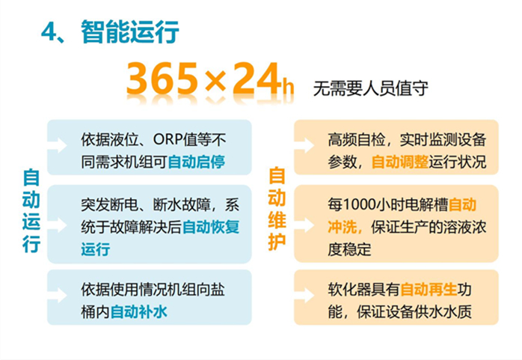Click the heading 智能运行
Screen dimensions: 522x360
pyautogui.click(x=130, y=32)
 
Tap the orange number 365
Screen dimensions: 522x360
pyautogui.click(x=162, y=79)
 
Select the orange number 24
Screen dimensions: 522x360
pyautogui.click(x=257, y=79)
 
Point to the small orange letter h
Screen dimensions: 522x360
pyautogui.click(x=288, y=86)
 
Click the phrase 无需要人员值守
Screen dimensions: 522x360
pyautogui.click(x=370, y=88)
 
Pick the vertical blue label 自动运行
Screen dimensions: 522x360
pyautogui.click(x=31, y=211)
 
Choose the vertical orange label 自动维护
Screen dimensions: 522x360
pyautogui.click(x=277, y=209)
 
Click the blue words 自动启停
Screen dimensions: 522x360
pyautogui.click(x=197, y=162)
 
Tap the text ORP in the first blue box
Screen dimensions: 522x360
pyautogui.click(x=168, y=139)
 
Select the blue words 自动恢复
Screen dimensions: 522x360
pyautogui.click(x=211, y=227)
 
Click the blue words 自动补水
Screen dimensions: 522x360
pyautogui.click(x=138, y=312)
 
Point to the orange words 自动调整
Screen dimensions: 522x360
pyautogui.click(x=400, y=162)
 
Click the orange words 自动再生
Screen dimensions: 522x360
pyautogui.click(x=429, y=290)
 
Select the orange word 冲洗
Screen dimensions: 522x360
pyautogui.click(x=342, y=227)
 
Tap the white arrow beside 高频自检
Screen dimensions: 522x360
pyautogui.click(x=304, y=145)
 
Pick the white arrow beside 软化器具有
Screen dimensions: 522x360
pyautogui.click(x=304, y=295)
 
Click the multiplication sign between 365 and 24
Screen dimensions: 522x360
pyautogui.click(x=215, y=81)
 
